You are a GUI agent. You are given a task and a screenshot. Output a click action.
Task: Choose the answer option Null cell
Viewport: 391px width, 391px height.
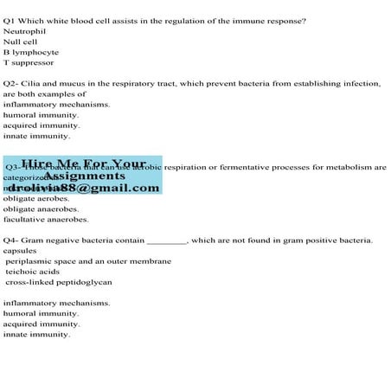(20, 42)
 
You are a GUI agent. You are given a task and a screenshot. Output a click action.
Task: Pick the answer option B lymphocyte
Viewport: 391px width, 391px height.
(30, 52)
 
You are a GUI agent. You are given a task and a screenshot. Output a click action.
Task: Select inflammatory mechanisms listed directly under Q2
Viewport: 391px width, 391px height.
(56, 105)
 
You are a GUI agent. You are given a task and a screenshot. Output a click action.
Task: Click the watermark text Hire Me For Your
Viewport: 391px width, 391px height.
(83, 163)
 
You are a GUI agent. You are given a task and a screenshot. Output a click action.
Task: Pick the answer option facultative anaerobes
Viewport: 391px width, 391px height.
(46, 219)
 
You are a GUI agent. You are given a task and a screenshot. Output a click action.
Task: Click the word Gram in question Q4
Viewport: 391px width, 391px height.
(41, 240)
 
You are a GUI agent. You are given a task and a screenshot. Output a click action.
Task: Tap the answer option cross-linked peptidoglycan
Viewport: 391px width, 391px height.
(58, 281)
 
